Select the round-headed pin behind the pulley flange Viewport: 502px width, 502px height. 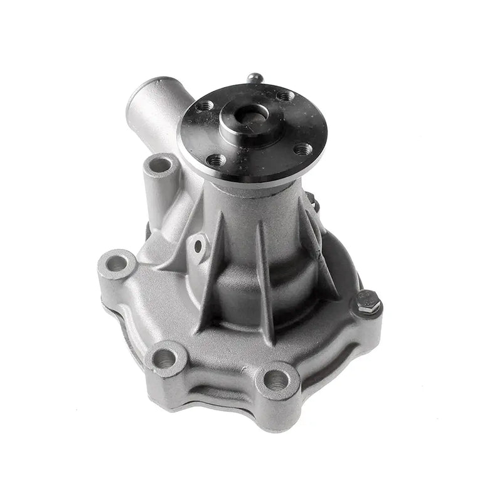(254, 78)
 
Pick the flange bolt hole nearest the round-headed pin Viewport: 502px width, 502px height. (286, 95)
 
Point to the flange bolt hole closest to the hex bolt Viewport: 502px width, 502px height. (302, 149)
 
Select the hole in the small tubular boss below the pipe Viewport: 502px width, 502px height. (160, 165)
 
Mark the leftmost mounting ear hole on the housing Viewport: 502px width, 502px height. (117, 263)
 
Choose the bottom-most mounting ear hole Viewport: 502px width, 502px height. (275, 379)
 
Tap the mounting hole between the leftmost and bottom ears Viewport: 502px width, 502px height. (165, 358)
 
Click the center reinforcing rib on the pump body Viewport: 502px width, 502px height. (264, 270)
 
